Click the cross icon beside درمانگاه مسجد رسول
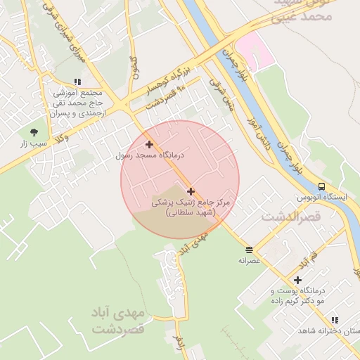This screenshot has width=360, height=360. tap(149, 144)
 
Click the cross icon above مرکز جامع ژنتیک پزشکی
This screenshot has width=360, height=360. tap(191, 191)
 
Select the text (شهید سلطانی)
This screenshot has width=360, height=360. tap(190, 212)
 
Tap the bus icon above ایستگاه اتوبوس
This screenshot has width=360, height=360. tap(321, 186)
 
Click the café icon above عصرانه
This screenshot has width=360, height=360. tap(249, 249)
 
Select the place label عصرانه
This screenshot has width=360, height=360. tap(249, 260)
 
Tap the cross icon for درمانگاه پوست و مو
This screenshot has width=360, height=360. tap(298, 280)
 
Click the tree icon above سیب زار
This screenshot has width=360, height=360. tap(33, 131)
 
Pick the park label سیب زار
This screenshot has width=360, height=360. tap(33, 143)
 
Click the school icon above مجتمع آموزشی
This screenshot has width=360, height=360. tap(77, 83)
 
